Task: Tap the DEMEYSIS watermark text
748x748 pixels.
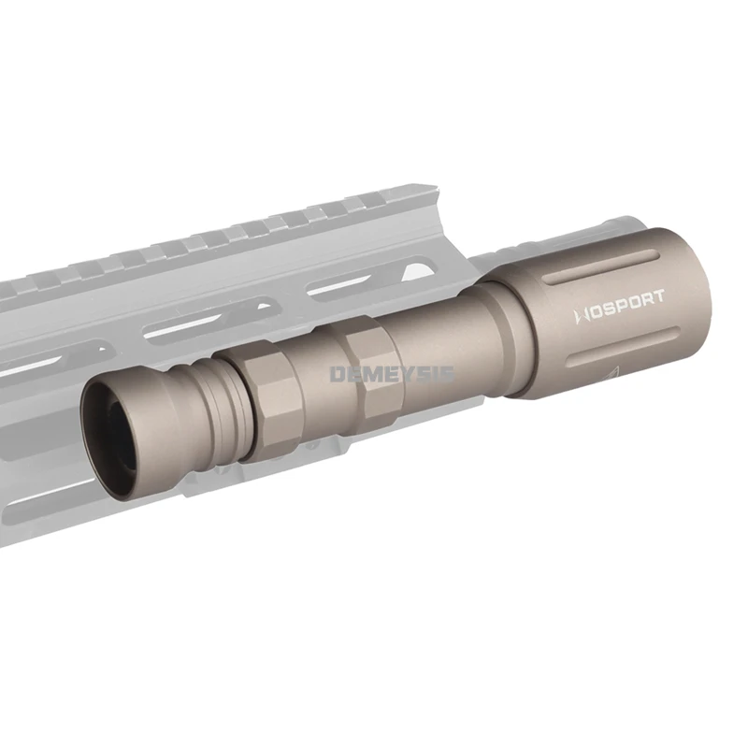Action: [393, 374]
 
